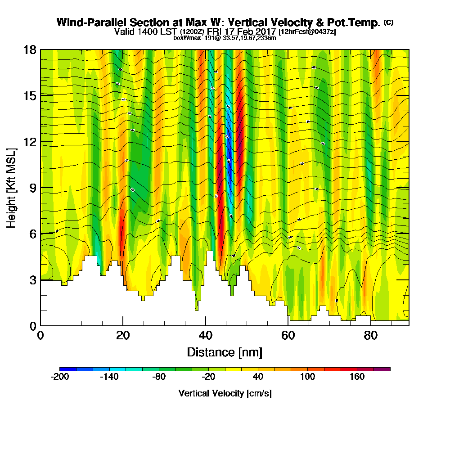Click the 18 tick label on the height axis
pyautogui.click(x=29, y=49)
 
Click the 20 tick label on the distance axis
pyautogui.click(x=123, y=336)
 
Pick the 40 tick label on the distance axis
pyautogui.click(x=206, y=336)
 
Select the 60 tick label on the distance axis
pyautogui.click(x=288, y=336)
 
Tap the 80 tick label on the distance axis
pyautogui.click(x=370, y=336)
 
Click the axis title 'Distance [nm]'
pyautogui.click(x=225, y=352)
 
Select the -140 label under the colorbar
pyautogui.click(x=109, y=377)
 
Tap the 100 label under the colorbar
pyautogui.click(x=308, y=377)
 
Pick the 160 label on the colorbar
pyautogui.click(x=357, y=377)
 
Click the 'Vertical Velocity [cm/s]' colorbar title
pyautogui.click(x=225, y=393)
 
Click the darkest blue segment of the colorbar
pyautogui.click(x=68, y=369)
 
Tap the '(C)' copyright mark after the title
pyautogui.click(x=388, y=22)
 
